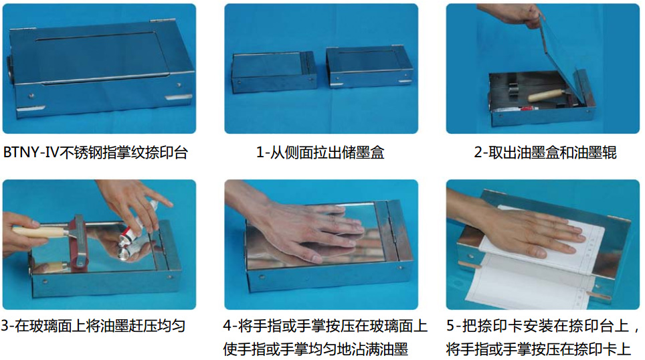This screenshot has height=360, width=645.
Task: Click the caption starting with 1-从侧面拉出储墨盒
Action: coord(320,153)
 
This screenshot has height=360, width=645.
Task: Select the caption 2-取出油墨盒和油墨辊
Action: coord(545,153)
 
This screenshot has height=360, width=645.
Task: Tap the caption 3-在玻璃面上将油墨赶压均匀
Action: coord(93,327)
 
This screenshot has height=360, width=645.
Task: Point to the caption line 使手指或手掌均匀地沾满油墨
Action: coord(316,349)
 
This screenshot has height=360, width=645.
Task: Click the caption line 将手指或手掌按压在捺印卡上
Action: coord(539,349)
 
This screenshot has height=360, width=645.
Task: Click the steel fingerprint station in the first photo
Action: coord(100,67)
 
